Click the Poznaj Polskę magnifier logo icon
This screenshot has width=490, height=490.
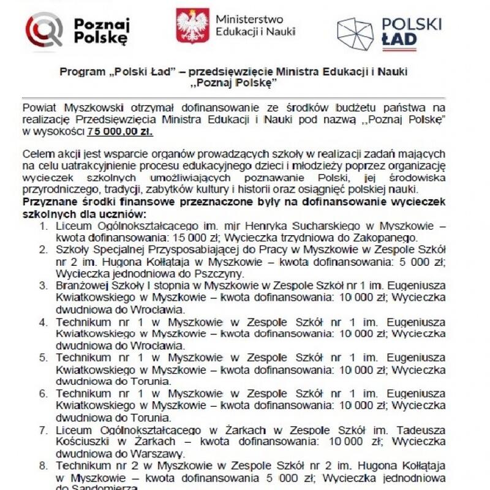click(x=43, y=29)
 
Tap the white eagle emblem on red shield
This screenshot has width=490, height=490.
click(x=192, y=25)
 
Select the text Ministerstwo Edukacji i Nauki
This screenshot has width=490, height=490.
click(x=255, y=25)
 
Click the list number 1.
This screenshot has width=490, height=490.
click(x=43, y=226)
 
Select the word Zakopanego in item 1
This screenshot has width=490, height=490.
click(x=393, y=238)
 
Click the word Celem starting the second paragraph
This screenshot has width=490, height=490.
click(x=36, y=153)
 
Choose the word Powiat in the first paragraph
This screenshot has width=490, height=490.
click(x=39, y=107)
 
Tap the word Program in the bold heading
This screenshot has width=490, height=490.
click(x=81, y=72)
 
